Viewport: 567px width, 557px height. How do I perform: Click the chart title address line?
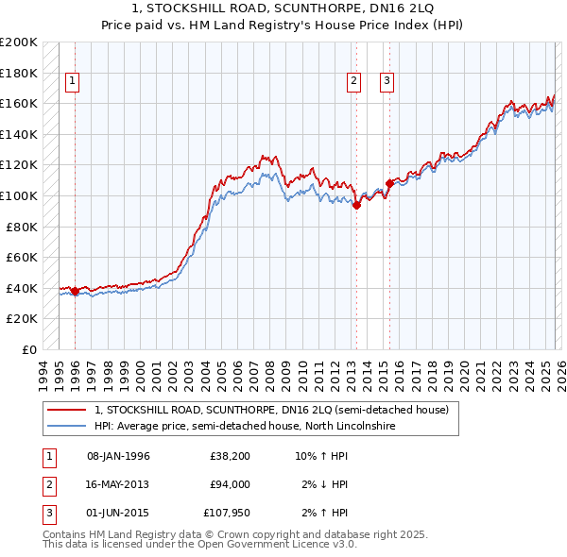pos(284,8)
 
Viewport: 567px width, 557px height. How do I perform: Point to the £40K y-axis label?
pos(22,288)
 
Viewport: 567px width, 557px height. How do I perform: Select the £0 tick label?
pos(28,349)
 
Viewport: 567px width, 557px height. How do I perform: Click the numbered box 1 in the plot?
pos(72,82)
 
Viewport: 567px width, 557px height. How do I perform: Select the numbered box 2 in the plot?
pos(353,82)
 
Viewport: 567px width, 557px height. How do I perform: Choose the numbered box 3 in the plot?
pos(387,82)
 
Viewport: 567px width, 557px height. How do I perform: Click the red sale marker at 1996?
pos(75,291)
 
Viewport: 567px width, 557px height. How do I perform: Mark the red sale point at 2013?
pos(356,206)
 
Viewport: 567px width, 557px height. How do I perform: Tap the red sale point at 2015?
pos(389,183)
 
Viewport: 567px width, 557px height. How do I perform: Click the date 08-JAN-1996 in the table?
pos(118,457)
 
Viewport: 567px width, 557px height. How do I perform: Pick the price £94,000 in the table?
pos(230,484)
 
